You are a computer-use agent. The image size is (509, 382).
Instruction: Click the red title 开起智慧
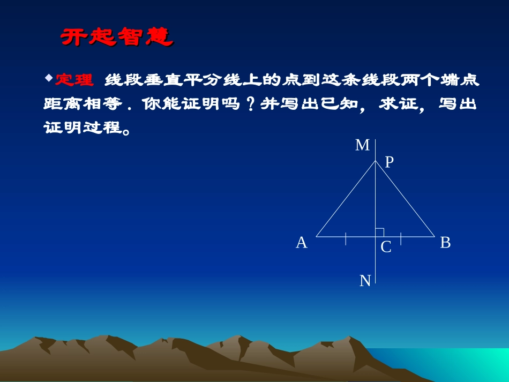(x=116, y=37)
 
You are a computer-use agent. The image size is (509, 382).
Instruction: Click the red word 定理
(x=74, y=80)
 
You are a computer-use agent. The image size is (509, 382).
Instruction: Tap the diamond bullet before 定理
(x=49, y=78)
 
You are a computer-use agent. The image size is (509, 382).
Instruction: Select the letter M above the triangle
(x=363, y=145)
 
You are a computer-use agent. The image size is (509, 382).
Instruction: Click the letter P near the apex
(x=390, y=162)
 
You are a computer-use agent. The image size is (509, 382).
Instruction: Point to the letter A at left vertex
(x=302, y=243)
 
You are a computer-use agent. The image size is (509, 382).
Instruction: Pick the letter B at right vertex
(x=445, y=243)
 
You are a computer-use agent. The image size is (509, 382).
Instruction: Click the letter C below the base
(x=386, y=248)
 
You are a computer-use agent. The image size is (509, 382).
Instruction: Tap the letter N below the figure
(x=365, y=281)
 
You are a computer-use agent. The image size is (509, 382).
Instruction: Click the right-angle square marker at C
(x=379, y=232)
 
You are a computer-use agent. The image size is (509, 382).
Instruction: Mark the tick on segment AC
(x=346, y=238)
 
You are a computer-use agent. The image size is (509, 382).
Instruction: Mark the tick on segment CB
(x=401, y=238)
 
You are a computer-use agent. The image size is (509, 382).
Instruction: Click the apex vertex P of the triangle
(x=376, y=160)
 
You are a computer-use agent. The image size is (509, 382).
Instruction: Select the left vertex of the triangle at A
(x=317, y=236)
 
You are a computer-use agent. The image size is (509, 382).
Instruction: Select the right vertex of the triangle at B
(x=434, y=236)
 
